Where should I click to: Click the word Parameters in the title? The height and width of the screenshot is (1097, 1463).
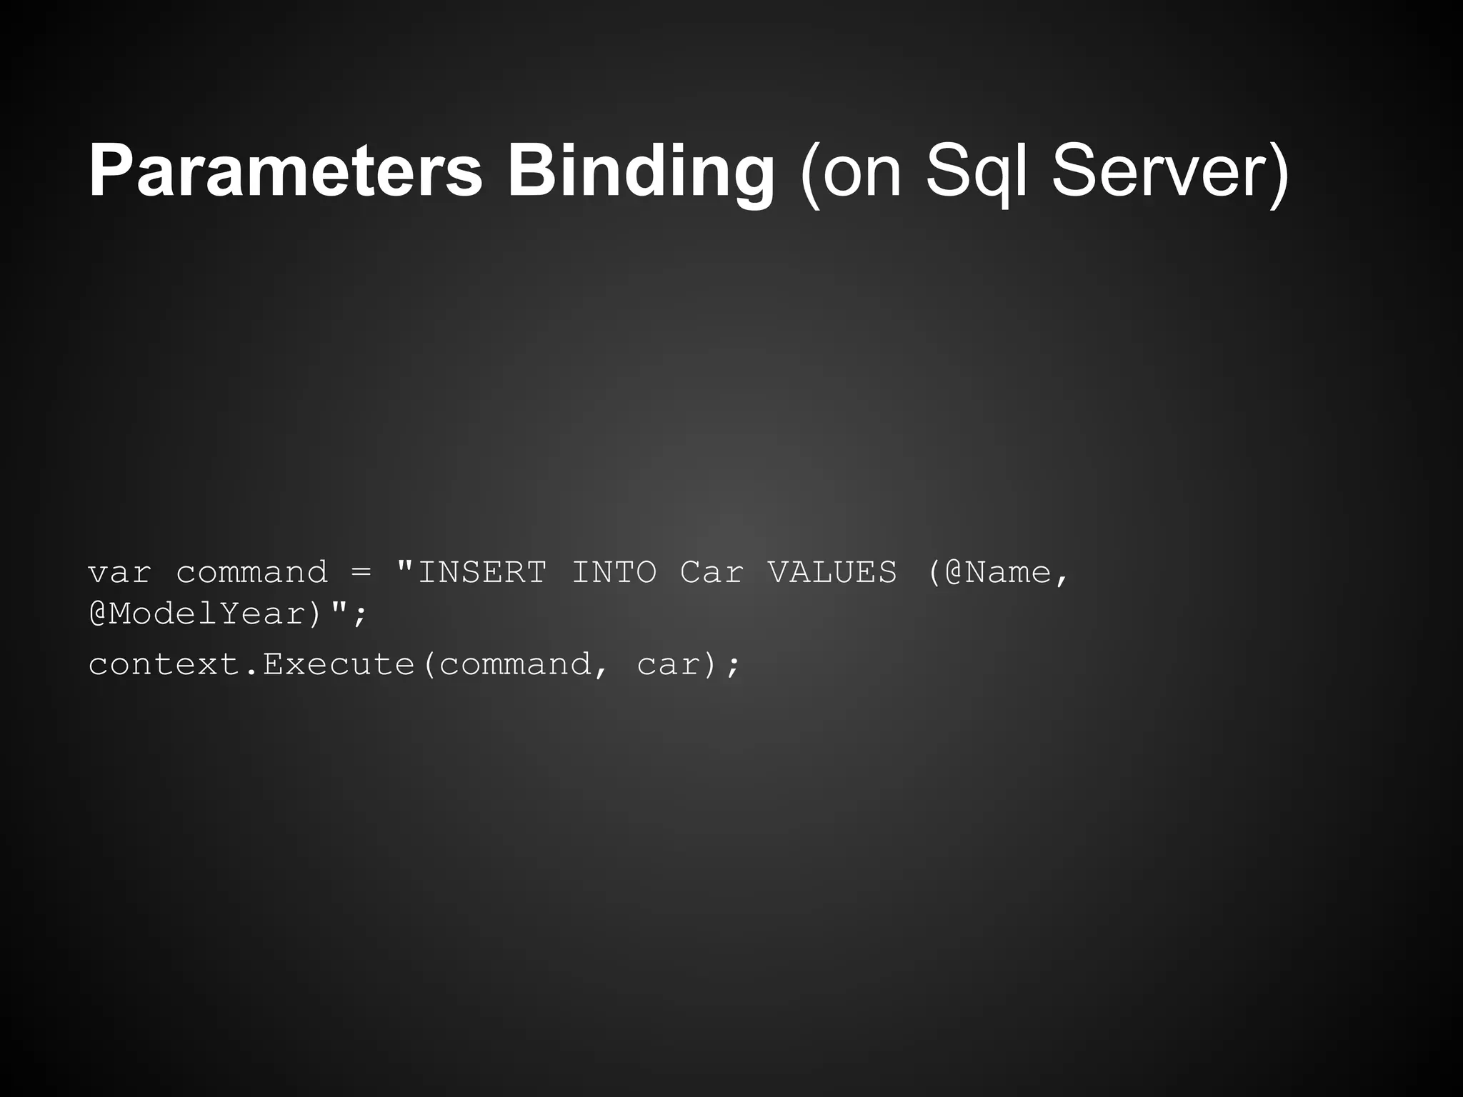285,171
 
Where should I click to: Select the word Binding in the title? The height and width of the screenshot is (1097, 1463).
641,171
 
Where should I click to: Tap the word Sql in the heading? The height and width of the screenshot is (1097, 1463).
976,171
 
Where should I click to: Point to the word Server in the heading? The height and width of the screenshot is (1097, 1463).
1160,171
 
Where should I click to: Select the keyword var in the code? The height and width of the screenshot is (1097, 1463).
119,572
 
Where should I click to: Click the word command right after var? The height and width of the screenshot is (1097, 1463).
251,572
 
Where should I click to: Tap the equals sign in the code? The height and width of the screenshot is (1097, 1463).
361,572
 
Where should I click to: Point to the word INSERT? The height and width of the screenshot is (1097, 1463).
483,572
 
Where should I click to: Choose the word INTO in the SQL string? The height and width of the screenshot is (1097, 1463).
614,572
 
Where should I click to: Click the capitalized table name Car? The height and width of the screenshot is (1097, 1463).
712,572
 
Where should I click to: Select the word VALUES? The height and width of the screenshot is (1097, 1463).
832,572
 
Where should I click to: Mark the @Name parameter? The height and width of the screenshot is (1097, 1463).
997,572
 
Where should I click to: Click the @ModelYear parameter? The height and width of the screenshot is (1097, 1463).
198,614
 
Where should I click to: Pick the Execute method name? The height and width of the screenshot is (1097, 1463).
339,665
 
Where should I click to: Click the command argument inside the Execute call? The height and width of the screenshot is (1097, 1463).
514,665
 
